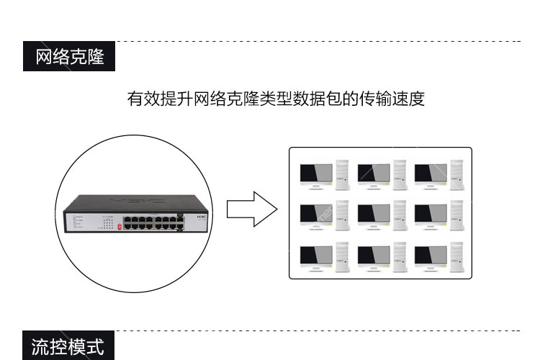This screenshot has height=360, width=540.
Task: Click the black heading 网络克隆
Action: (x=69, y=56)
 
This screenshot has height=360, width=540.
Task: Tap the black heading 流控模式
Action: (x=68, y=346)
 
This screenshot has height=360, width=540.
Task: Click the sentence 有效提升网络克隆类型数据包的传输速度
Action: (x=276, y=99)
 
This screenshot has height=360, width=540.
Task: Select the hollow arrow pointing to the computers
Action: (x=252, y=209)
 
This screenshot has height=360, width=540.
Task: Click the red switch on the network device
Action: (x=120, y=227)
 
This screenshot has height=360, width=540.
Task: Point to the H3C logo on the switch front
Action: (x=202, y=217)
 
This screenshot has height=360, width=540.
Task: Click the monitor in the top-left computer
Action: (x=316, y=176)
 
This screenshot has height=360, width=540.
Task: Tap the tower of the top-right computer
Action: (x=456, y=175)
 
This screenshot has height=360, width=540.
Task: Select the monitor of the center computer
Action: (x=374, y=216)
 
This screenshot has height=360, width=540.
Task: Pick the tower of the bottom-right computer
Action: (x=456, y=257)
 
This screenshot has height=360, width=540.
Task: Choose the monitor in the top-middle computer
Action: (x=374, y=176)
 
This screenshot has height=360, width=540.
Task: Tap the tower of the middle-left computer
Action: (x=342, y=215)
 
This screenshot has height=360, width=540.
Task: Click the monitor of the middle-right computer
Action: (x=431, y=216)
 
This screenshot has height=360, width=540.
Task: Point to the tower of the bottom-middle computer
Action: (x=400, y=257)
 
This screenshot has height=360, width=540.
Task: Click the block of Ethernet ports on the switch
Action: (x=153, y=222)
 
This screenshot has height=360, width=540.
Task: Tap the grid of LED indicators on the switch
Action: (x=108, y=223)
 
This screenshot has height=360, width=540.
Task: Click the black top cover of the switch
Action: (x=135, y=203)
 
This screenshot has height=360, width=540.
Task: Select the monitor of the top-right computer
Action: (x=431, y=176)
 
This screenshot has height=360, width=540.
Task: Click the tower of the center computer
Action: (x=400, y=215)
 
